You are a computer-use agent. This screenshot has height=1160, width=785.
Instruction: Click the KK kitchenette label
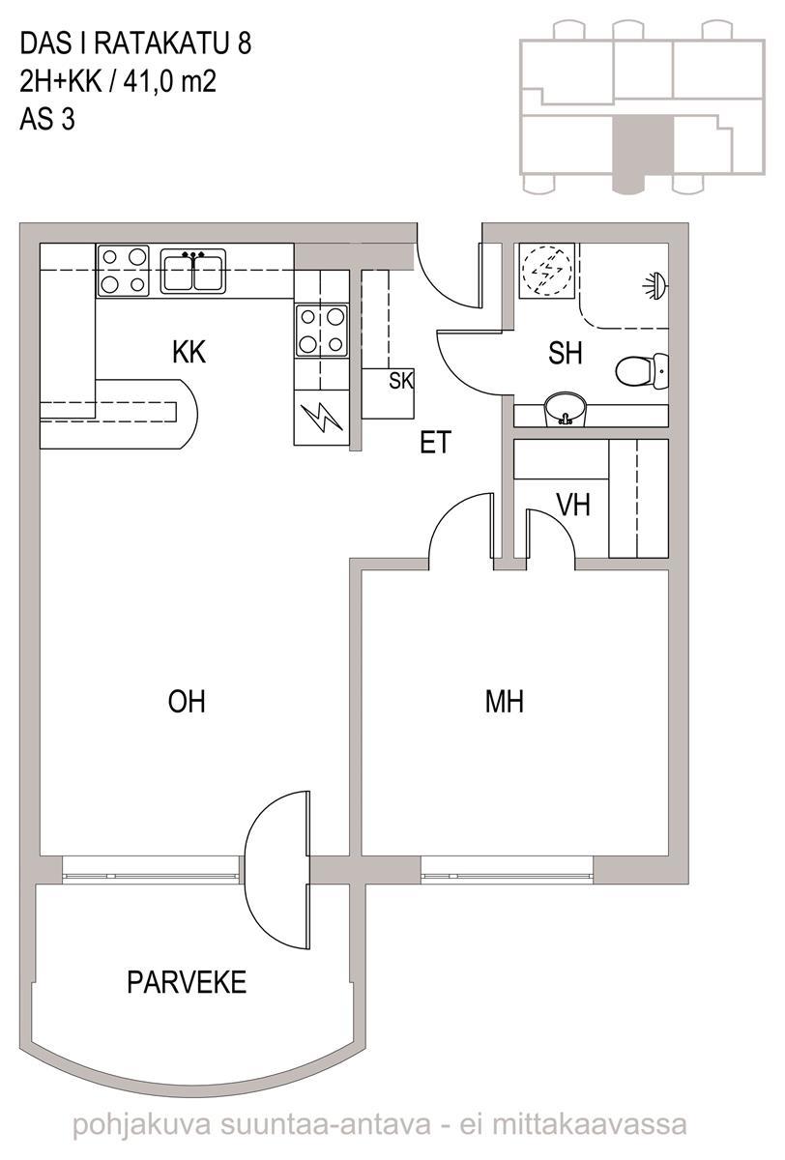[x=189, y=352]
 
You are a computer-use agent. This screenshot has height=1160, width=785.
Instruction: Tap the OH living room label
[x=187, y=702]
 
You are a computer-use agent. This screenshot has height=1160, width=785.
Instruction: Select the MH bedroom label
[x=505, y=702]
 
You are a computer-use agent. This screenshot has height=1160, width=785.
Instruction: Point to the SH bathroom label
[x=565, y=353]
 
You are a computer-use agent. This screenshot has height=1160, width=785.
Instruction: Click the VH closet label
[x=573, y=505]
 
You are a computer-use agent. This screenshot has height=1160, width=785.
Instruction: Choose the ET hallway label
[x=435, y=443]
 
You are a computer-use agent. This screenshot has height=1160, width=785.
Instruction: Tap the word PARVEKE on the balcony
[x=187, y=982]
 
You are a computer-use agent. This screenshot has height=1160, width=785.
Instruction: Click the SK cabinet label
[x=401, y=381]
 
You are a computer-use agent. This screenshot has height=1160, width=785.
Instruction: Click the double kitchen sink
[x=193, y=271]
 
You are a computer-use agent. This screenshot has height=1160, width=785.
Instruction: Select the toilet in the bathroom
[x=642, y=371]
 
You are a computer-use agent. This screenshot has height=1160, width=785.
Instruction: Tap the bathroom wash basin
[x=565, y=409]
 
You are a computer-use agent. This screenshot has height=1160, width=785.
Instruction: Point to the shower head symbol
[x=656, y=284]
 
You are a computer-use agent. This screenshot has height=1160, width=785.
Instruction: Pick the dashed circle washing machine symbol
[x=547, y=270]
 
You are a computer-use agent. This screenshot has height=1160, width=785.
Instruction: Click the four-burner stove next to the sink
[x=123, y=271]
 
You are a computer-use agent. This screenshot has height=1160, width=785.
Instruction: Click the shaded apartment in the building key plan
[x=643, y=154]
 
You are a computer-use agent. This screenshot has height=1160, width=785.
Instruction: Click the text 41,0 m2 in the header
[x=170, y=81]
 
